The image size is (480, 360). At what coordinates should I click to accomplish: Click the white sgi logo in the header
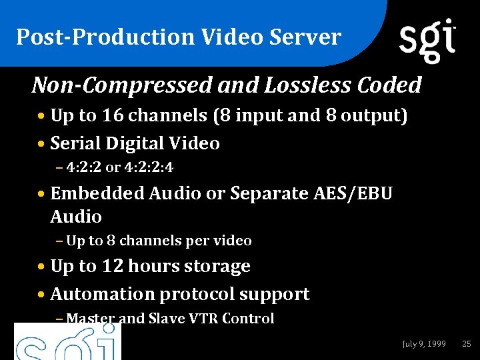[x=427, y=40]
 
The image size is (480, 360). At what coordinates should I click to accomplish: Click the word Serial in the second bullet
[x=74, y=143]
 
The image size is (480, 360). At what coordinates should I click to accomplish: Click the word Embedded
[x=97, y=193]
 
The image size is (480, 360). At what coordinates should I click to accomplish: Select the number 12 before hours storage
[x=113, y=266]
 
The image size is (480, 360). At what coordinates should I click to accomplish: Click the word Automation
[x=104, y=294]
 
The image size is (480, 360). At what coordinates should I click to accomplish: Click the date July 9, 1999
[x=424, y=344]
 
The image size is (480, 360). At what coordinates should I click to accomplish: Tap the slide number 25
[x=466, y=344]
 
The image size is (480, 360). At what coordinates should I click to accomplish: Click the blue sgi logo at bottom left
[x=67, y=343]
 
